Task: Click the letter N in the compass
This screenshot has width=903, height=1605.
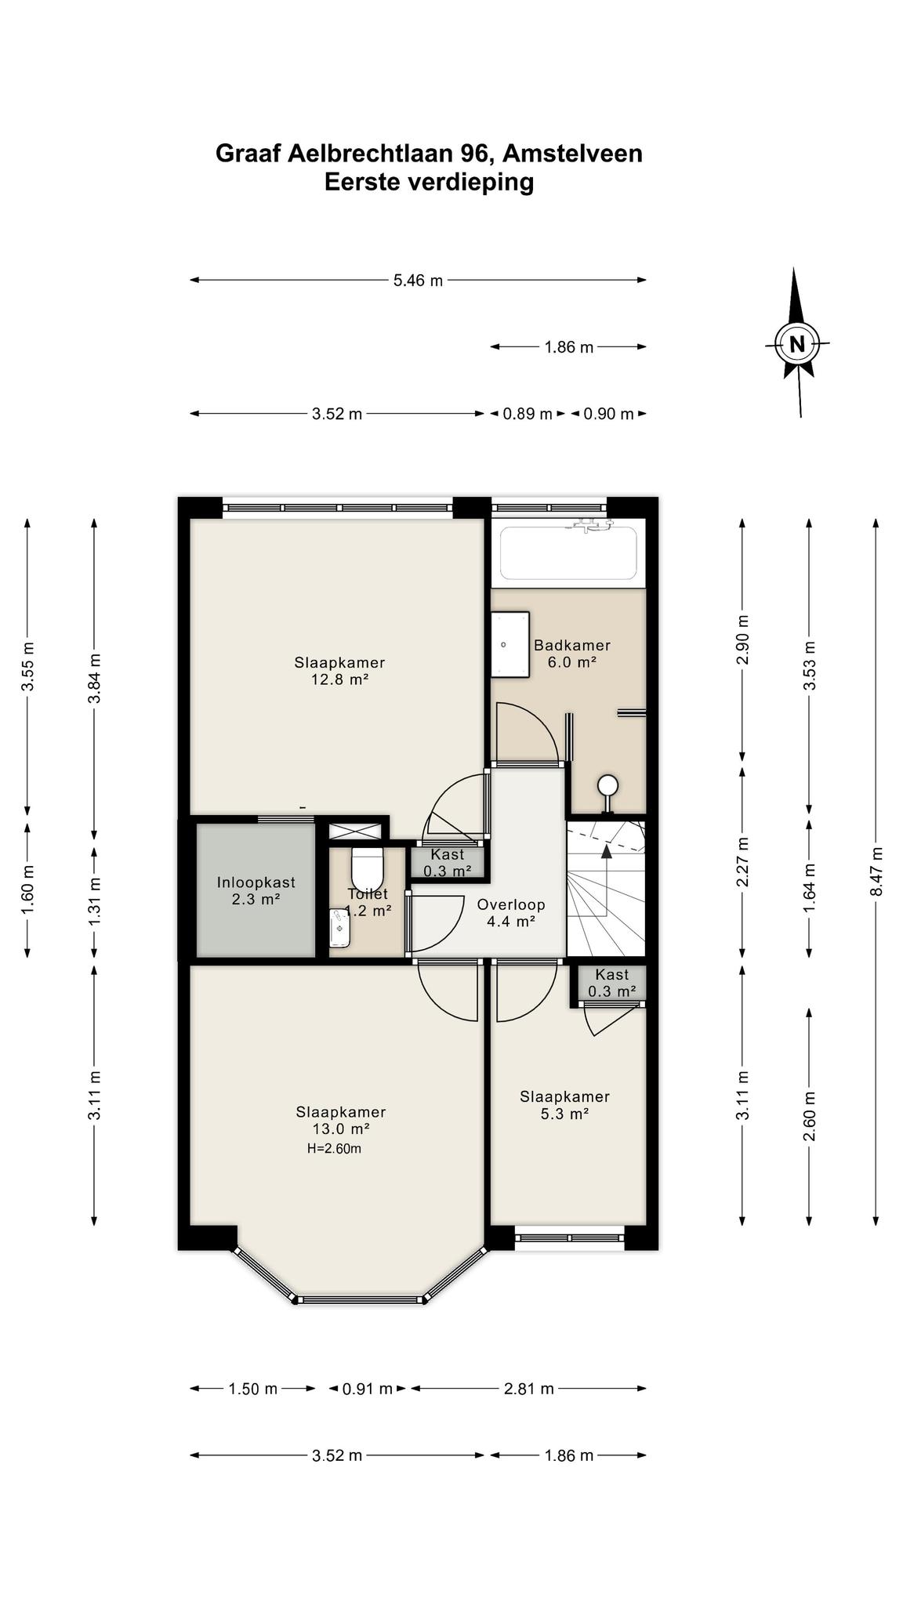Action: tap(797, 344)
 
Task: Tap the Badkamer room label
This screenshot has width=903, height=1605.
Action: tap(572, 646)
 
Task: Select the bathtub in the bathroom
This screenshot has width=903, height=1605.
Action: tap(569, 553)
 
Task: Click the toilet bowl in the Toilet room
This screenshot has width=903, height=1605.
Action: tap(367, 866)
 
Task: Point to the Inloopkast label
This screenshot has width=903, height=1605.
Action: tap(256, 882)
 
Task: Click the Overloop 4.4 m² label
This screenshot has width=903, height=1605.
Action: tap(511, 913)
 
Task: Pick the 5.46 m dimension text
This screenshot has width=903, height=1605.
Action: tap(419, 280)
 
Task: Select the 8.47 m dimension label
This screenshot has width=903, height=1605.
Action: tap(876, 871)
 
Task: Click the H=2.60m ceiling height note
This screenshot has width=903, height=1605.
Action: tap(335, 1149)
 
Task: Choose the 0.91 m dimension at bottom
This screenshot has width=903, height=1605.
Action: tap(368, 1389)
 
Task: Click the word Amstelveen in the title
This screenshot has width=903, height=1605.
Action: tap(572, 153)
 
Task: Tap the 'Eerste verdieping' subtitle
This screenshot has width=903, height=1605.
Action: tap(430, 182)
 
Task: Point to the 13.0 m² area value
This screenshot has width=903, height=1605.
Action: tap(341, 1129)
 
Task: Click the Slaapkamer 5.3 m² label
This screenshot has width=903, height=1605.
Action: tap(564, 1105)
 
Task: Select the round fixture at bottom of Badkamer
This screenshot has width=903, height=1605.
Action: tap(607, 784)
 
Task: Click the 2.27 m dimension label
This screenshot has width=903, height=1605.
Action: tap(743, 862)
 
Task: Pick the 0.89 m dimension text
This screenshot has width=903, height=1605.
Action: tap(528, 414)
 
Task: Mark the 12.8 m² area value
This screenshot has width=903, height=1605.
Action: tap(340, 679)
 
